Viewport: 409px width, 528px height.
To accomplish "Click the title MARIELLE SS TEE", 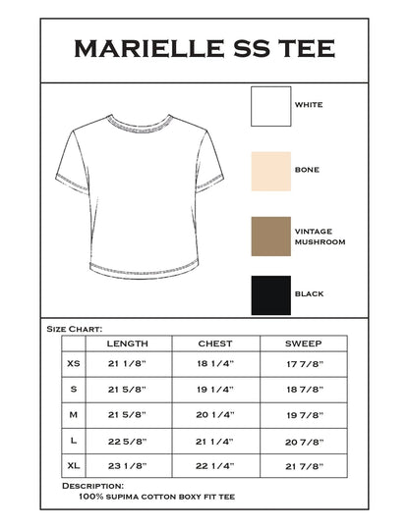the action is pos(204,48).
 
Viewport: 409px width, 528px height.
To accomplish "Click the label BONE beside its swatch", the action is pos(307,170).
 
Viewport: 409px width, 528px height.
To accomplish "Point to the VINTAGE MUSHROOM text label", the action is pos(321,237).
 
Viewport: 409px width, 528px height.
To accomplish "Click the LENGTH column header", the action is pos(129,343).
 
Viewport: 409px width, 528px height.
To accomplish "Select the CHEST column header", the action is pos(215,343).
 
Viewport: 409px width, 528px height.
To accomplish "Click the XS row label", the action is pos(74,364).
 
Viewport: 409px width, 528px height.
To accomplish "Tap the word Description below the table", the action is pos(92,486).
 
